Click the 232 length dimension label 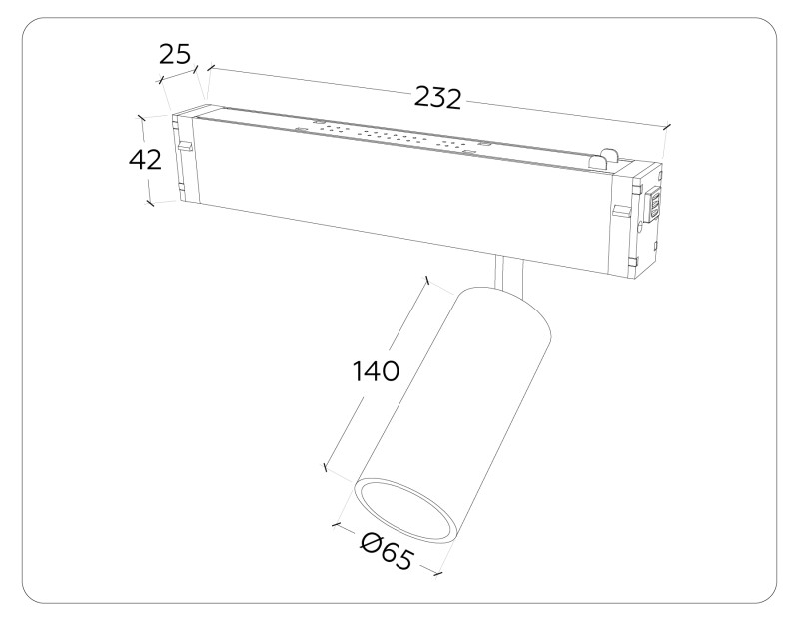[x=437, y=98]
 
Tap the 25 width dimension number [x=175, y=54]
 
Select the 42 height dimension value [x=145, y=159]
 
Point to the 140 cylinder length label [x=376, y=371]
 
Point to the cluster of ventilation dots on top [x=395, y=137]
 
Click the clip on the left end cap [x=183, y=147]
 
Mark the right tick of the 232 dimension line [x=666, y=126]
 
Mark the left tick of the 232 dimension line [x=208, y=70]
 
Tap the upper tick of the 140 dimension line [x=427, y=282]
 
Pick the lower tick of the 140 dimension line [x=326, y=466]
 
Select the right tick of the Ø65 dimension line [x=439, y=573]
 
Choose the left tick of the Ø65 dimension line [x=337, y=521]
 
